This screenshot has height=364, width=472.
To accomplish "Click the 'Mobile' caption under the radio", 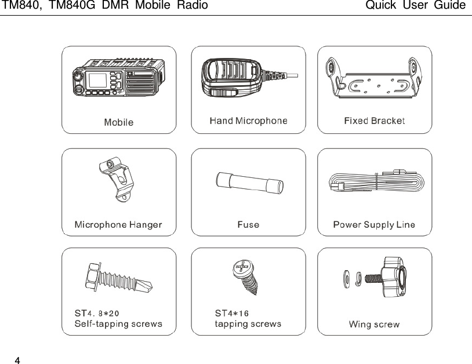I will pos(118,122).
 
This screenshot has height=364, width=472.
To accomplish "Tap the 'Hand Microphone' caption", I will pos(248,121).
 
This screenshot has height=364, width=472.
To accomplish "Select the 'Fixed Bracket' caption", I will pos(374,121).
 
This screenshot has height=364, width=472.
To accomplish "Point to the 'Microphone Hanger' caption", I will pos(118,224).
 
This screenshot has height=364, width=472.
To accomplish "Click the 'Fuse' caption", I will pos(248,224).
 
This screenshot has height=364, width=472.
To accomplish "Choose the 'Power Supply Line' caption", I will pos(374,224).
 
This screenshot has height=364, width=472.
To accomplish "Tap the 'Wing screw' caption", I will pos(374,325).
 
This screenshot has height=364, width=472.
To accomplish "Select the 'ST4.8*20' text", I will pos(97,314).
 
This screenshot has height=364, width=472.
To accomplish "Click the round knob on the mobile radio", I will pos(77,77).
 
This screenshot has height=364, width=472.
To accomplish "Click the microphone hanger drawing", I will pos(118,182).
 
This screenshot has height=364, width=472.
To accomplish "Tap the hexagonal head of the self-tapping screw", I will pos(95,273).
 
